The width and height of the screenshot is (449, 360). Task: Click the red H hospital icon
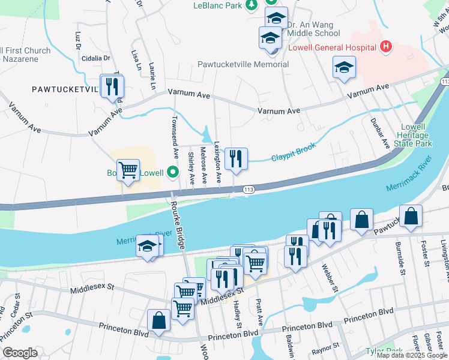coord(386,47)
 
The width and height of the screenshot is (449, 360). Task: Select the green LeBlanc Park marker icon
coord(253,5)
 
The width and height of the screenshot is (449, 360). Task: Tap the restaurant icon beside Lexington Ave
coord(236,158)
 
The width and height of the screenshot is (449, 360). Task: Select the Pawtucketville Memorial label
coord(243,64)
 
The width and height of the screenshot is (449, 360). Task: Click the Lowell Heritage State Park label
coord(417,136)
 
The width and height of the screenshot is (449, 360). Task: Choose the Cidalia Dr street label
coord(97,58)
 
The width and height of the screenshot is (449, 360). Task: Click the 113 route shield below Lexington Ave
coord(249,190)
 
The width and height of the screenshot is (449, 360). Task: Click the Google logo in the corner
coord(20,353)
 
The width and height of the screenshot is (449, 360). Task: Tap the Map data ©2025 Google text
coord(412,355)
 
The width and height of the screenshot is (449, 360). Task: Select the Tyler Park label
coord(384,350)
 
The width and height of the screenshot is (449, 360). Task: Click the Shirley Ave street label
coord(191,168)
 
